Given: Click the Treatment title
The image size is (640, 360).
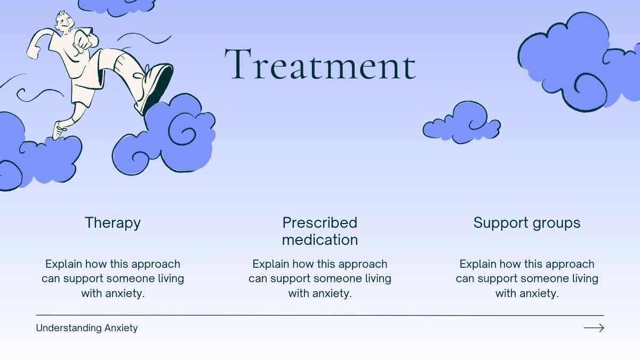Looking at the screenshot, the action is pos(321,64).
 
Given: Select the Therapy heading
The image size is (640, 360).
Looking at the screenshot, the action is pos(113,223).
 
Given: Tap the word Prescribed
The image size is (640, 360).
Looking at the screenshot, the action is pos(319,222).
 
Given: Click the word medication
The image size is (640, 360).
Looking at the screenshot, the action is pos(319,239).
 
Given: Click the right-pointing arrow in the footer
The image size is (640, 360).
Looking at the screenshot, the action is pos(594,327).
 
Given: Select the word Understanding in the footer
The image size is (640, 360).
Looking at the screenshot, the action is pos(69,328).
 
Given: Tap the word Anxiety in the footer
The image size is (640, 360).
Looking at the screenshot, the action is pos(121,328).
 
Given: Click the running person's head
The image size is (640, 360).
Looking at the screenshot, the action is pos(65,21).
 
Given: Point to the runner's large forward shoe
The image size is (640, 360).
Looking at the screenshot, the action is pos(154,87).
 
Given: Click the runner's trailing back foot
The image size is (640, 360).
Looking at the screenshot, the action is pos(59,130).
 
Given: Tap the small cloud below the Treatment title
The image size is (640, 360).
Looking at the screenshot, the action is pos(461,123).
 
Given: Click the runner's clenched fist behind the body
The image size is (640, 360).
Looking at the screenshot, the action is pos(34,53).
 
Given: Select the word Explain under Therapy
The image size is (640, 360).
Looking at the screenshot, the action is pos(63,265).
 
